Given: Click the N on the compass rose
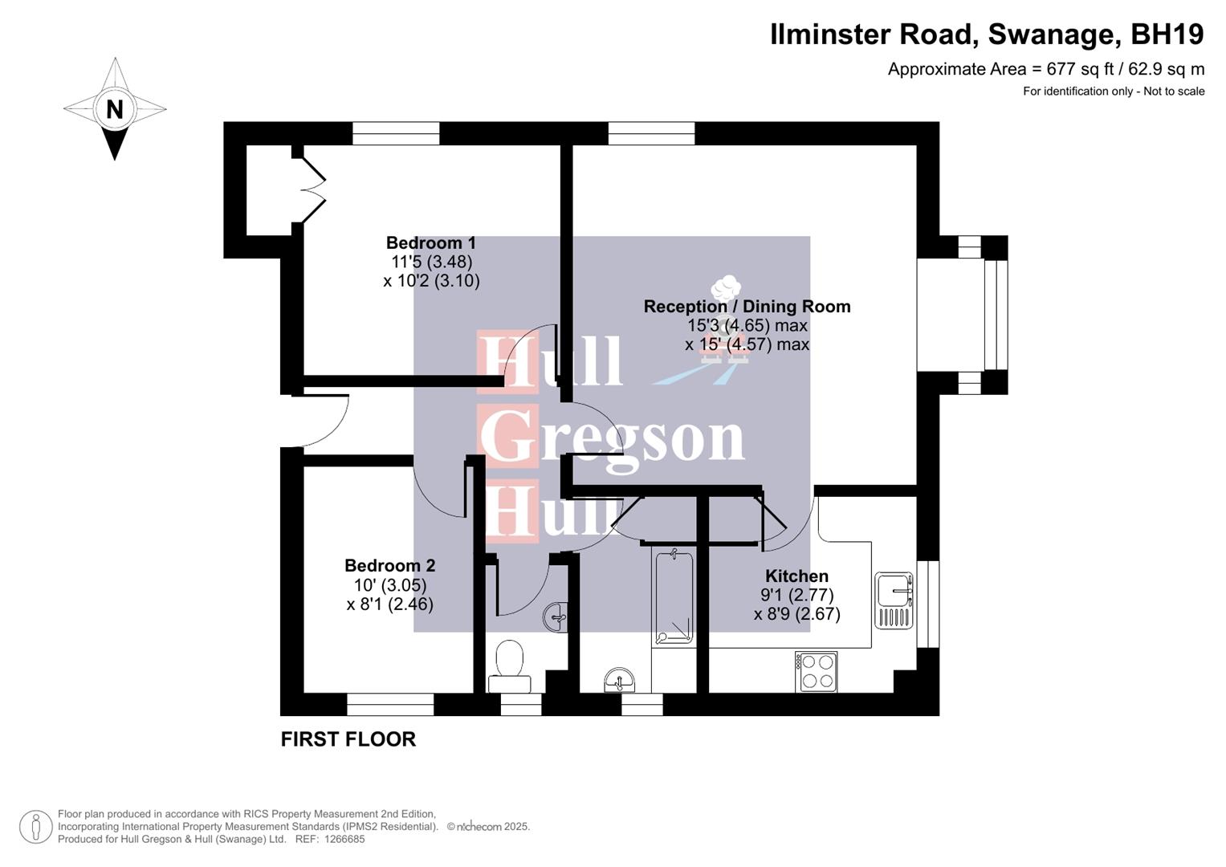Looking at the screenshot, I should coord(114,108).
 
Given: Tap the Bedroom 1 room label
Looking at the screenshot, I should coord(431,243).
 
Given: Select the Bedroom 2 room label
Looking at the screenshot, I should coord(389,566).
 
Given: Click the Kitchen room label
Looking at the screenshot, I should coord(796,576).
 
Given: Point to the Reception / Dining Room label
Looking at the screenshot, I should coord(747,307).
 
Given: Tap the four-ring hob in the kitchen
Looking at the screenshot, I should coord(817,672).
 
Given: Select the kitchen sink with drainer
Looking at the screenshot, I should coord(894,600).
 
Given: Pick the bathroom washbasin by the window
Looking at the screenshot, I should coord(619,681).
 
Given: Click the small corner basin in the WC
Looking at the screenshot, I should coord(556,617).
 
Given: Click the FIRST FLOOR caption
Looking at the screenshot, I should coord(348,739).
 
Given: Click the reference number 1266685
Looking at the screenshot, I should coord(343,839).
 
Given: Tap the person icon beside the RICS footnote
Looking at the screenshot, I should coord(35,827).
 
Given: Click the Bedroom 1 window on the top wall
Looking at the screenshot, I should coord(396,133).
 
